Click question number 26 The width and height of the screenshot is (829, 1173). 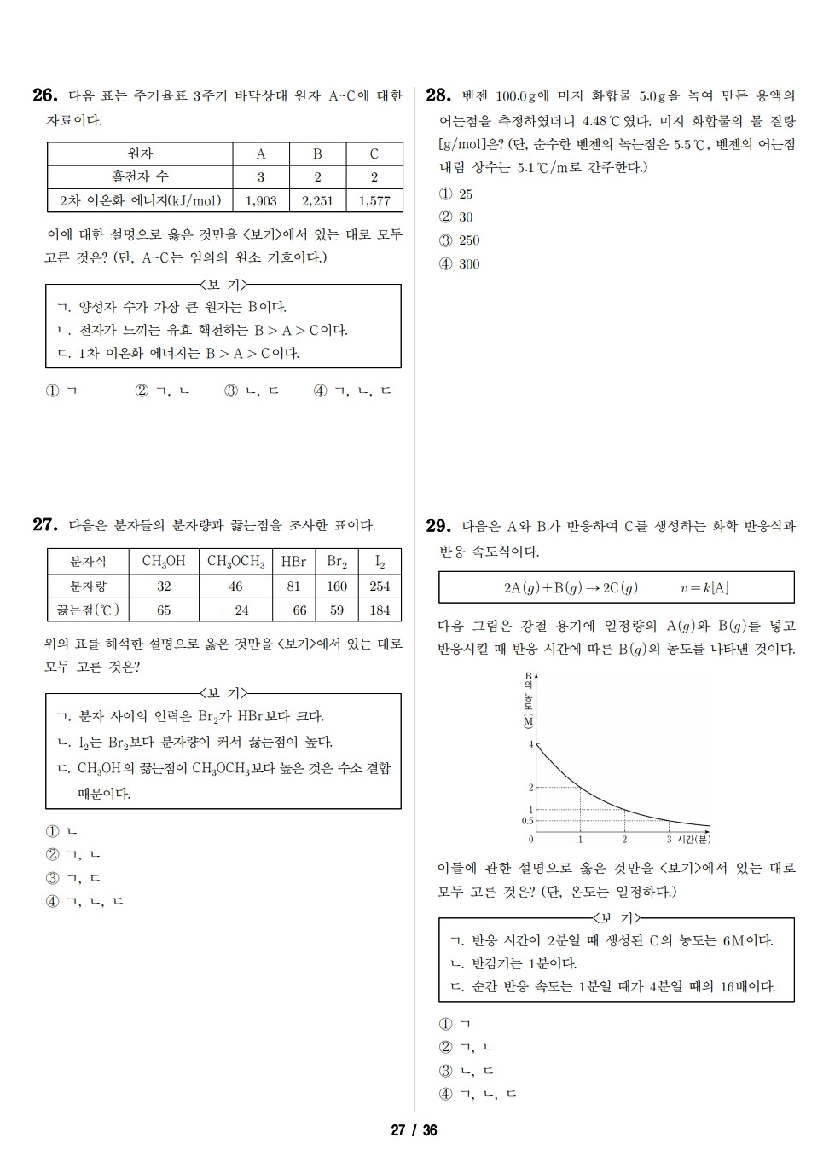(x=44, y=95)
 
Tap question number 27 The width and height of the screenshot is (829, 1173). (x=44, y=525)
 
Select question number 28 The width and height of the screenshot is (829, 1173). (x=438, y=95)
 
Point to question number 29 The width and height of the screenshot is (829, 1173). (x=438, y=526)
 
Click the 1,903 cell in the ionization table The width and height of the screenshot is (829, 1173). (x=260, y=201)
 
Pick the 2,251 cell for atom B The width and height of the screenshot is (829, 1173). (x=317, y=201)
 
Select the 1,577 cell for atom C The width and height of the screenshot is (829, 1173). (x=374, y=201)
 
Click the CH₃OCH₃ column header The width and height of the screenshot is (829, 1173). (x=236, y=561)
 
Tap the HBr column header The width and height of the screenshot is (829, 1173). (x=293, y=561)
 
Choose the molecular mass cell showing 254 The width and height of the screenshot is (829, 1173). (x=380, y=586)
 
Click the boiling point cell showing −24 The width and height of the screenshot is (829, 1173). (x=236, y=610)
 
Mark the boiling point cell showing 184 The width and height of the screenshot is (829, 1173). (x=380, y=610)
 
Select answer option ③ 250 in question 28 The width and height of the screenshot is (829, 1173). (x=460, y=240)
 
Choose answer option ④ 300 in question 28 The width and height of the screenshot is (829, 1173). (x=460, y=264)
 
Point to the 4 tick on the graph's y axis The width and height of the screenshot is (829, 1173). (x=530, y=744)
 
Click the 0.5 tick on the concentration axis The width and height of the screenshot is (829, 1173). (x=527, y=821)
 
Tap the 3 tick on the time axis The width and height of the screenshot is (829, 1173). (x=669, y=840)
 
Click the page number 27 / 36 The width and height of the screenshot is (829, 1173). (x=414, y=1130)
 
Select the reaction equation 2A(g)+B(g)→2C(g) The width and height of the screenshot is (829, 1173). (x=571, y=587)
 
